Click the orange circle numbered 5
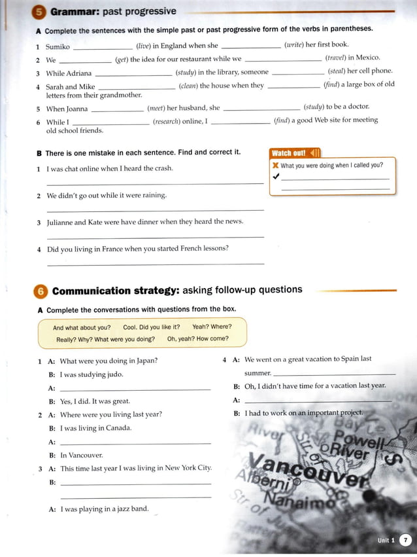(39, 12)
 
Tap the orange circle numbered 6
(41, 291)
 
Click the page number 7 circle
(405, 540)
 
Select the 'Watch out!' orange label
(289, 153)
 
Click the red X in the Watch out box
(275, 166)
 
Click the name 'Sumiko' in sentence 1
(58, 46)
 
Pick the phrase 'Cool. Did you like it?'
(151, 327)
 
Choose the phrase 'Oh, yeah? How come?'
(197, 339)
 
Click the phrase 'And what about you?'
(82, 327)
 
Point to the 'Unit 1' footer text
(386, 541)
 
